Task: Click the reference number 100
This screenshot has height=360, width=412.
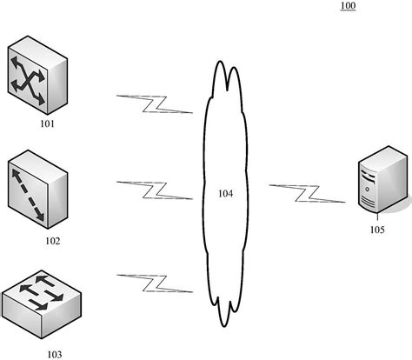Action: tap(348, 7)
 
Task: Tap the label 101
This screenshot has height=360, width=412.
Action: tap(47, 125)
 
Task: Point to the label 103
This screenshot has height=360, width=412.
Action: tap(55, 354)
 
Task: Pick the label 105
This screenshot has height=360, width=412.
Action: tap(376, 231)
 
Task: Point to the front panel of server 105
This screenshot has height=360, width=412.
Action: tap(370, 190)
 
